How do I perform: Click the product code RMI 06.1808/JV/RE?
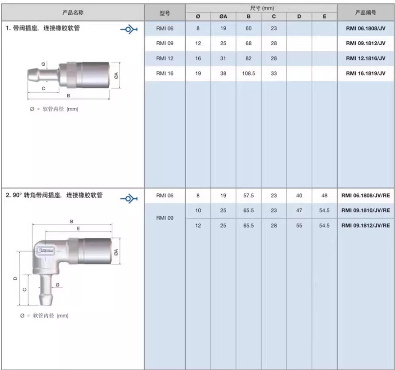(x=365, y=195)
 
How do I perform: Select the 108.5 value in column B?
(x=248, y=73)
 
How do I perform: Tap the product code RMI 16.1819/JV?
(x=365, y=73)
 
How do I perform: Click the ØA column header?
(x=223, y=17)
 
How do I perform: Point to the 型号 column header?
(x=165, y=13)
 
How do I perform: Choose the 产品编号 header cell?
(x=365, y=12)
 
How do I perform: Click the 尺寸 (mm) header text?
(x=262, y=8)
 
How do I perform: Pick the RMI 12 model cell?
(x=165, y=58)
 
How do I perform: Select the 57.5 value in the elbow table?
(x=248, y=195)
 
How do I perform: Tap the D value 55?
(x=299, y=226)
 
